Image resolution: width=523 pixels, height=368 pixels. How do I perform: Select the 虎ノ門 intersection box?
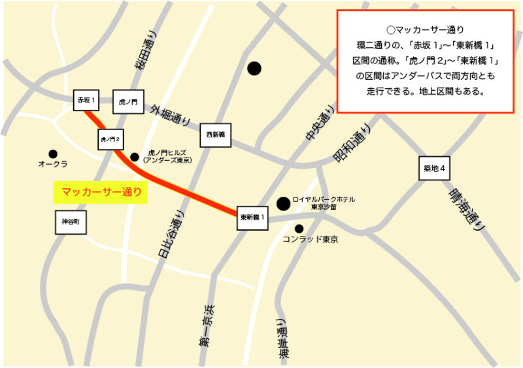(127, 102)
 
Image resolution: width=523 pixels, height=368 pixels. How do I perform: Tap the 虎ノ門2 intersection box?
(110, 140)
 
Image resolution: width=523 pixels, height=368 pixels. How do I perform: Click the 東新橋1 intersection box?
(252, 217)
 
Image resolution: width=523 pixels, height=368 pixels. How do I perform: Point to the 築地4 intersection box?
(435, 169)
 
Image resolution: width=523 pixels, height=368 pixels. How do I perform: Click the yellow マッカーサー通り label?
(101, 192)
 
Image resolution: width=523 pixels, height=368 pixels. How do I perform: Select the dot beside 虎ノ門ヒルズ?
(134, 157)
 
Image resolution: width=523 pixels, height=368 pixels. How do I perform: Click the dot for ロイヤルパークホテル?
(283, 203)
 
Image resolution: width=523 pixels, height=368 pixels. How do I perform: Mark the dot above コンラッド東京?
(299, 228)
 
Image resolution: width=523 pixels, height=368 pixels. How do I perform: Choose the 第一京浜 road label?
(207, 324)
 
